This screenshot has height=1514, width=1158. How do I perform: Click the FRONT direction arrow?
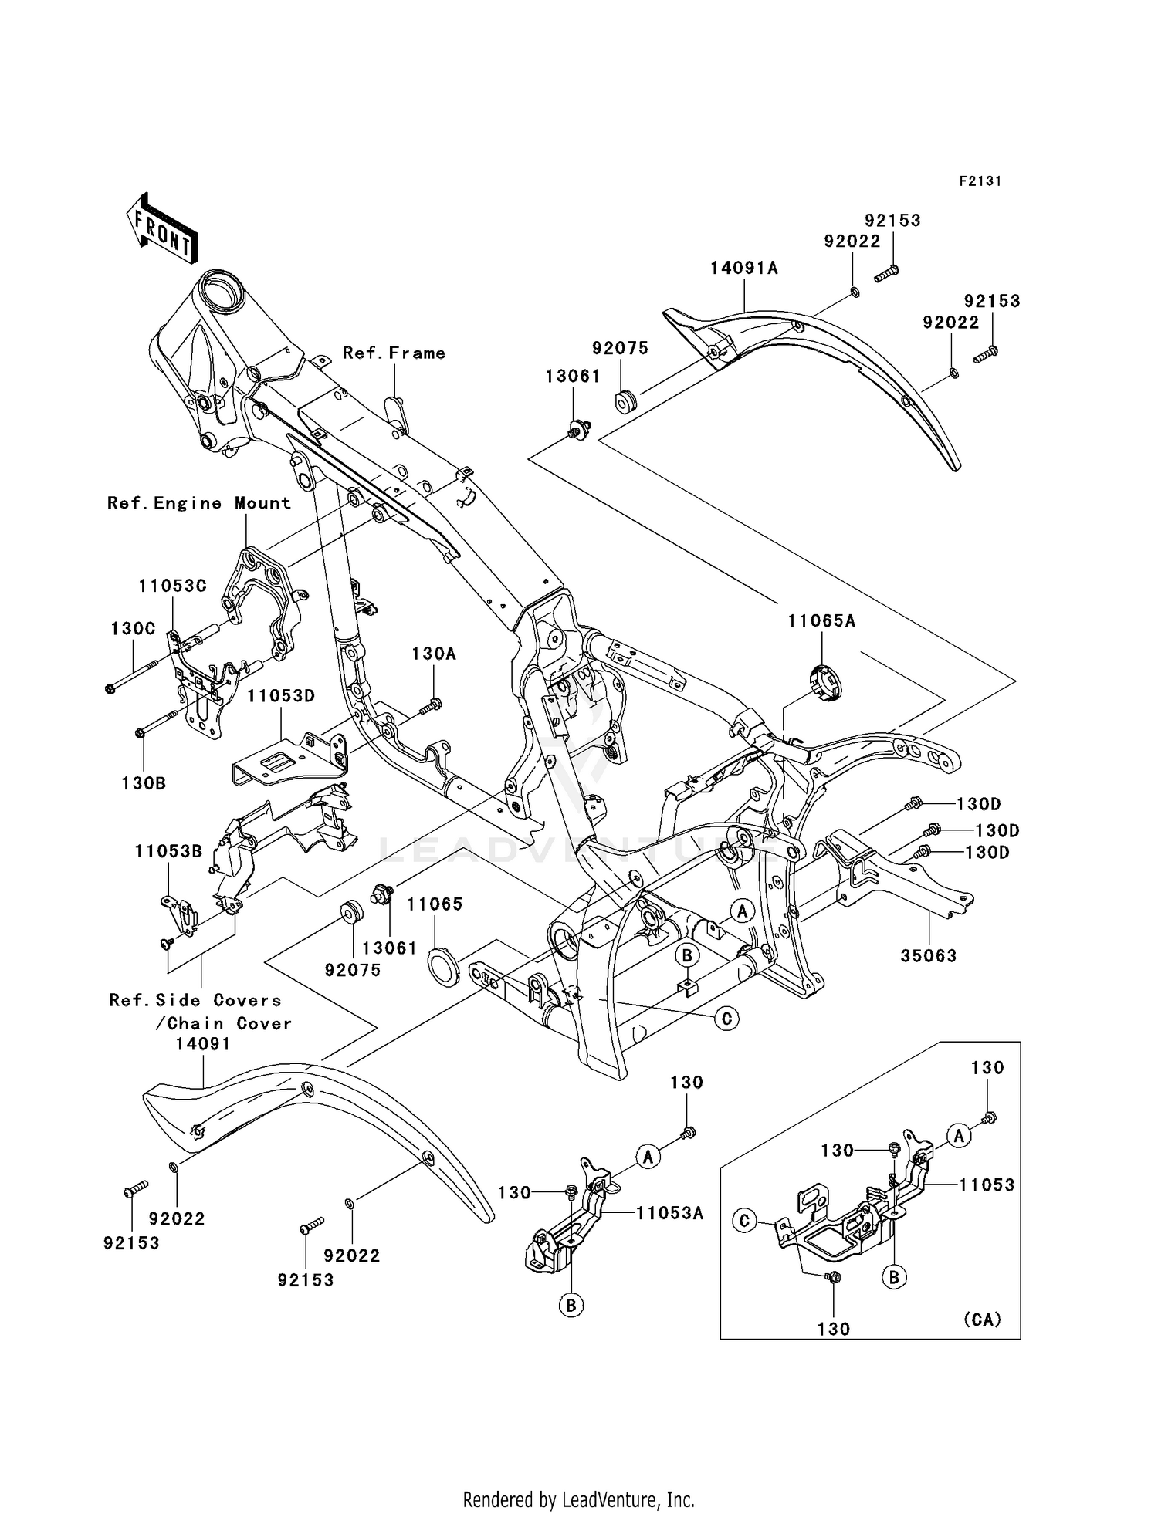click(161, 228)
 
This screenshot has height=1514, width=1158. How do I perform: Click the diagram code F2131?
click(980, 181)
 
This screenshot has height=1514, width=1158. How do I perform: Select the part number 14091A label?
click(744, 268)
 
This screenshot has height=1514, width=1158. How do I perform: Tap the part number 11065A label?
click(821, 620)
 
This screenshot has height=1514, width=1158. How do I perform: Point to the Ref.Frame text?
click(394, 353)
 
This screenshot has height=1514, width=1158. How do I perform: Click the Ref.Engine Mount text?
click(199, 503)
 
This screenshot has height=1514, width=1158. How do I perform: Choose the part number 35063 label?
click(929, 955)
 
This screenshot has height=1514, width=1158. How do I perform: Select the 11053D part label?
click(281, 695)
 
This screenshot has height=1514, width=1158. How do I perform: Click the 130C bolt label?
click(133, 628)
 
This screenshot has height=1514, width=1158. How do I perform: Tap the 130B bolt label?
click(144, 782)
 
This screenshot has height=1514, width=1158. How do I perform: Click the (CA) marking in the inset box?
click(982, 1319)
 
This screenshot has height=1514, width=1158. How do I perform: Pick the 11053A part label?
click(670, 1213)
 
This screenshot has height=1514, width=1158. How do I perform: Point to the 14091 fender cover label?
click(202, 1043)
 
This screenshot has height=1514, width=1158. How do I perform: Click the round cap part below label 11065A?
click(826, 684)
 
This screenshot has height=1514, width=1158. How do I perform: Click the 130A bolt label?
click(433, 654)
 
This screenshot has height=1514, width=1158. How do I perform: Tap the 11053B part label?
click(168, 851)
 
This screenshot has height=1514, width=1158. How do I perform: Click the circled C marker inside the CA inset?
click(744, 1222)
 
